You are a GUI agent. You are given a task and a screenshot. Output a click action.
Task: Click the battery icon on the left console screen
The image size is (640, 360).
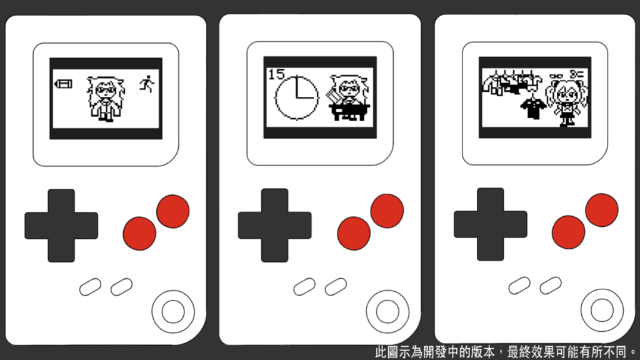pos(63,84)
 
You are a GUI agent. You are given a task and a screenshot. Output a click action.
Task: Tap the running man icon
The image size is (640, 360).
pos(147,84)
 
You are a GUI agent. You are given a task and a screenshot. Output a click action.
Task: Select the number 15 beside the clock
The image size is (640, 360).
pos(276,74)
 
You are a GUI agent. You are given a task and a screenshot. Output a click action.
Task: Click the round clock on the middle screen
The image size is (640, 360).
pos(297,97)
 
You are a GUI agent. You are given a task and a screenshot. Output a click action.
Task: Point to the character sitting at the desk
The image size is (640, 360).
pos(348,97)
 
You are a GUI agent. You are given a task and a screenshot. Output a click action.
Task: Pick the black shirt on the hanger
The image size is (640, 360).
pos(533,106)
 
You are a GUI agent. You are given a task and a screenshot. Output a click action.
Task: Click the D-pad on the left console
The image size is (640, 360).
pos(61,225)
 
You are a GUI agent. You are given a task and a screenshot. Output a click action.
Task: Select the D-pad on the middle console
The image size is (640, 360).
pos(275,225)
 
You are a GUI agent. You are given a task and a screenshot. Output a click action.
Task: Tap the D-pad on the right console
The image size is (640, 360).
pos(491,224)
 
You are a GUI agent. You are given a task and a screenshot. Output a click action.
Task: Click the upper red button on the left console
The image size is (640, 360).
pos(173,211)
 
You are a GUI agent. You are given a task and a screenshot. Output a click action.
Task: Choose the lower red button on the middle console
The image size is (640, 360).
pos(354,233)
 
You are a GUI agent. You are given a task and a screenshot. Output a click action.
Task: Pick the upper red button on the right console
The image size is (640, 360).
pos(602,210)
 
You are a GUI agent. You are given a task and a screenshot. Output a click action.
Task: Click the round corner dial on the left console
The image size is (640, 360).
pos(173,312)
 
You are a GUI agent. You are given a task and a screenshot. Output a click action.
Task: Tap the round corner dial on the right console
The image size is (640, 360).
pos(602,310)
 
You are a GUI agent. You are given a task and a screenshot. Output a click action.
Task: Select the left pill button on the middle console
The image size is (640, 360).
pos(304,286)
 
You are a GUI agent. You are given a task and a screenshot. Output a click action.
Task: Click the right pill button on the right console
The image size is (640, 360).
pos(551,285)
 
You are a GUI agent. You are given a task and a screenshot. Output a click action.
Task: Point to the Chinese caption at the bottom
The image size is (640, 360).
pos(506,351)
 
